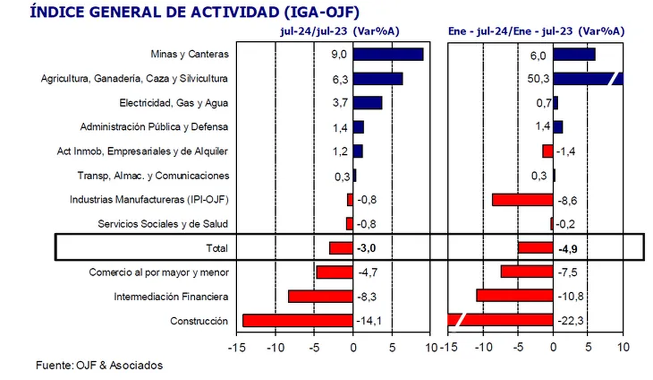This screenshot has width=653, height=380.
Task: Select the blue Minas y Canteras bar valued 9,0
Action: click(x=388, y=55)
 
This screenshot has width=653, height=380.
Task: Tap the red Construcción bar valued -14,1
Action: click(x=298, y=321)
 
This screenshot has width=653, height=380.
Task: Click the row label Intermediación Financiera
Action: click(x=171, y=297)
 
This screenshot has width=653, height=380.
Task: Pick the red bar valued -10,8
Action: click(x=515, y=295)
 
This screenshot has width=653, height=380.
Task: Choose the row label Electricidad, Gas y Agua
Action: click(x=174, y=103)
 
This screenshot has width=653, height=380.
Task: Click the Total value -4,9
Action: click(x=567, y=249)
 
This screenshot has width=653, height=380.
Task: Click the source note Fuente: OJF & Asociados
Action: click(x=100, y=365)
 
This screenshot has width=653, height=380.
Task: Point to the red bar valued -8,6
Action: click(x=522, y=200)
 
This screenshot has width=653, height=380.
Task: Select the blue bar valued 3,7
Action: click(x=367, y=103)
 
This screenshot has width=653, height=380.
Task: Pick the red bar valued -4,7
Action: click(x=335, y=272)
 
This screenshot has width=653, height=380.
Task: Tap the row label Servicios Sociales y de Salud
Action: click(x=163, y=224)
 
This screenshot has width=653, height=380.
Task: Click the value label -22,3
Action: click(x=570, y=321)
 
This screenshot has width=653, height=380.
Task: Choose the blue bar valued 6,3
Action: click(x=378, y=79)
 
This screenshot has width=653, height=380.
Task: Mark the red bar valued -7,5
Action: click(x=527, y=272)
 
